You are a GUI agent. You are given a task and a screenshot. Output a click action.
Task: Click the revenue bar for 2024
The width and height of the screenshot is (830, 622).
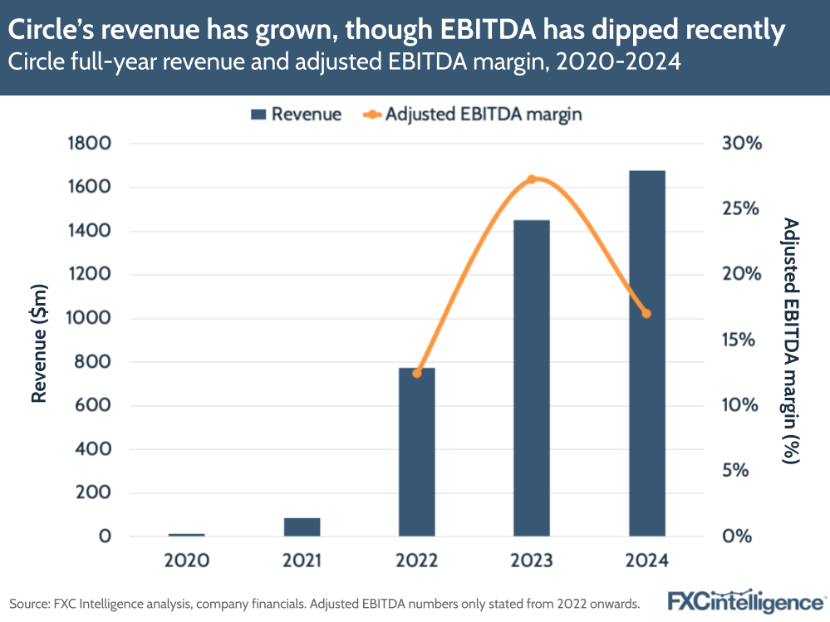tap(646, 353)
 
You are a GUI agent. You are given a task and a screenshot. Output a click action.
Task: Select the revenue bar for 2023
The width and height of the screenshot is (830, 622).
tap(532, 378)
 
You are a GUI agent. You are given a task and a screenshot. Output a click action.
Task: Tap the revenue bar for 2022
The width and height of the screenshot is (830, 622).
tap(416, 452)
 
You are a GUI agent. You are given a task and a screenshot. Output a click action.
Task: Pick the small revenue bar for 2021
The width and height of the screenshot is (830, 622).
tap(302, 527)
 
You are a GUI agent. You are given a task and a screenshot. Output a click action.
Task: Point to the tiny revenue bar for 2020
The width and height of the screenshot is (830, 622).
tap(187, 535)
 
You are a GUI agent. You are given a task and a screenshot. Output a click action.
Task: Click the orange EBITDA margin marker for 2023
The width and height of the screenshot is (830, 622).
tap(533, 179)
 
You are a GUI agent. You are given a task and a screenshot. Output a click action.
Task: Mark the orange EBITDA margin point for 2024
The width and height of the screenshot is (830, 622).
tap(646, 314)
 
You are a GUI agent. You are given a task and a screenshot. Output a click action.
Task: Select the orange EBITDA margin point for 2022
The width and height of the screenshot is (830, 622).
tap(417, 373)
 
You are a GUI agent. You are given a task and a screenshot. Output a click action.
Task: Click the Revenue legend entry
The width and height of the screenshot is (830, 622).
tap(295, 115)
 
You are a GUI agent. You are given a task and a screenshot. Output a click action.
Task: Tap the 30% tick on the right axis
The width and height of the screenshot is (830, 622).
tap(741, 144)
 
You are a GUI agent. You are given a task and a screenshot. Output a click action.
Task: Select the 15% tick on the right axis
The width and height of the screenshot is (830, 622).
tap(741, 340)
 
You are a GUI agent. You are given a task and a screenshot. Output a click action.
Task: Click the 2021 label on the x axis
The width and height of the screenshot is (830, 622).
tap(302, 561)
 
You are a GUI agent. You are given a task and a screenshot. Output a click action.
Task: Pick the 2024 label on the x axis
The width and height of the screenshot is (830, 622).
tap(646, 561)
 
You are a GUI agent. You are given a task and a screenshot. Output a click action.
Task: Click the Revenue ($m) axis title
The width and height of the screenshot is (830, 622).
tap(38, 340)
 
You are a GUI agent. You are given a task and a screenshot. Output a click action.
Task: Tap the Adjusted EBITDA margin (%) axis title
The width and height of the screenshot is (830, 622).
tap(790, 340)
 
